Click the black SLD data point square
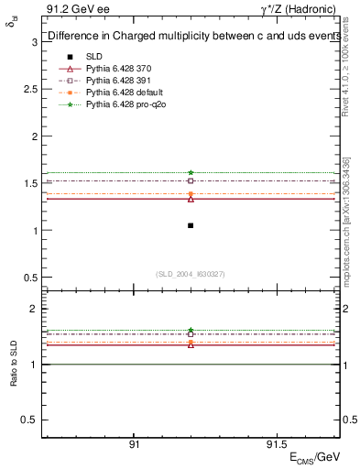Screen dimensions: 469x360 [x=191, y=225]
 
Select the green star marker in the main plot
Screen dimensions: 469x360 [x=191, y=172]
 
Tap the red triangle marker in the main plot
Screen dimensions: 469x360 [x=191, y=198]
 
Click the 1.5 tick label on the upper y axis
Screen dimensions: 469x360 [x=29, y=183]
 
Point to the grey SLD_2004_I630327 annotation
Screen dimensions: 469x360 [x=191, y=273]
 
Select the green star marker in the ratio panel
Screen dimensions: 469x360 [x=191, y=330]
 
